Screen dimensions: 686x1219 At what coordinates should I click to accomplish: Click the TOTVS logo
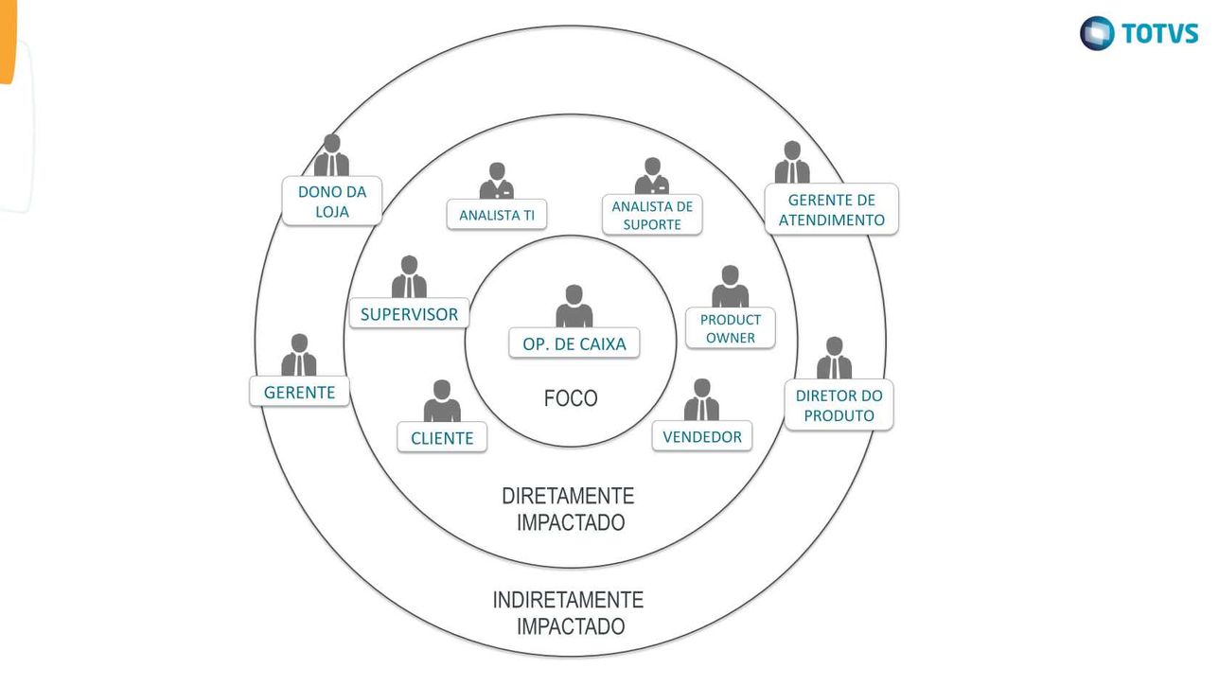coord(1139,33)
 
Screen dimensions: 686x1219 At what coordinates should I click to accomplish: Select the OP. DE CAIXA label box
coord(574,343)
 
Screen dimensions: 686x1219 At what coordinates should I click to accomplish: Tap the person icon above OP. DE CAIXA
coord(574,307)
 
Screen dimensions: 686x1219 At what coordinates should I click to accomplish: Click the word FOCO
coord(571,399)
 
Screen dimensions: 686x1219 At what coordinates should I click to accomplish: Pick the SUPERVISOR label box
coord(409,314)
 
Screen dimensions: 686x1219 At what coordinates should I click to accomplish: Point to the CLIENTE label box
coord(442,438)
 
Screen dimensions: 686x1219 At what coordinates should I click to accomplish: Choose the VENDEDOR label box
coord(702,436)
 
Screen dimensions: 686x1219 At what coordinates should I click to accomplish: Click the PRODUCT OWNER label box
coord(730,328)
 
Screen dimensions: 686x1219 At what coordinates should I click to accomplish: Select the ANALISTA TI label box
coord(497,215)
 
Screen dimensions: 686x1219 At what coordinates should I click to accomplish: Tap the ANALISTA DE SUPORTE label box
coord(652,215)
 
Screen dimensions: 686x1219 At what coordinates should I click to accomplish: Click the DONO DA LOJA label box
coord(332,202)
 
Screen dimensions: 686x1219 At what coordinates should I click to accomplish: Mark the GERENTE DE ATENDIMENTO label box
coord(831,209)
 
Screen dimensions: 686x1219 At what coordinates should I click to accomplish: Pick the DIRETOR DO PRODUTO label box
coord(839,405)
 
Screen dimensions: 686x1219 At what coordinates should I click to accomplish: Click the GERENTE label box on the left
coord(299,392)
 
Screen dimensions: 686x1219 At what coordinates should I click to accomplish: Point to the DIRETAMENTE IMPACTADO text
coord(570,509)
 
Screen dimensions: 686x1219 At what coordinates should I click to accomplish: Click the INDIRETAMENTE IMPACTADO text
coord(570,612)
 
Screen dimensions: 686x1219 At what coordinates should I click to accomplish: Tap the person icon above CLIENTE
coord(442,402)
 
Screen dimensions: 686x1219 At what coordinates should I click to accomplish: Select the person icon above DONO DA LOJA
coord(331,156)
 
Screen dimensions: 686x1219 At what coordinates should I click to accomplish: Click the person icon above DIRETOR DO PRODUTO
coord(834,359)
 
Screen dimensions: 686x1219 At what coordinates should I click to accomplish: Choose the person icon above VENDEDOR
coord(701,400)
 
